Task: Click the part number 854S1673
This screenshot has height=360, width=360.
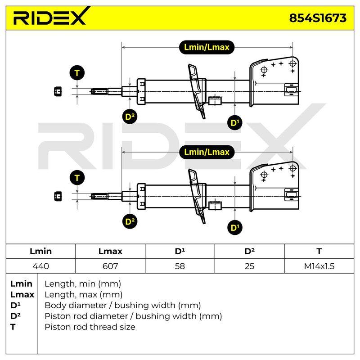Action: [318, 18]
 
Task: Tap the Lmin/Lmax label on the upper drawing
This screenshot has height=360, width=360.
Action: [207, 47]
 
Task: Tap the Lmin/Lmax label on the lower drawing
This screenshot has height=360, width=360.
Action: [207, 152]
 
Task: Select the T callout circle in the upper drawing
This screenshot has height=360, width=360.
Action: [77, 73]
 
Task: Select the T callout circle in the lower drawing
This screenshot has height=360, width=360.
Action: [77, 178]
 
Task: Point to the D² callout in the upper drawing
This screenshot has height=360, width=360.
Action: [130, 117]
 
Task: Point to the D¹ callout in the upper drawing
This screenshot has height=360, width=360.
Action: [234, 123]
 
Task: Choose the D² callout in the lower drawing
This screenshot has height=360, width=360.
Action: [130, 221]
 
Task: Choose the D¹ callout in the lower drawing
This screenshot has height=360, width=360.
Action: [234, 228]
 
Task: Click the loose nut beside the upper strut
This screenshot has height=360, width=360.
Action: [58, 92]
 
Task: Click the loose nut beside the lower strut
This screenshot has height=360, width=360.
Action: [58, 196]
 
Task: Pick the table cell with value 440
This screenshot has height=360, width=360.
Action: [40, 266]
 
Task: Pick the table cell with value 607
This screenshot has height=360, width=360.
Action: [110, 266]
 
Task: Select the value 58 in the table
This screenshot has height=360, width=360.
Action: [180, 266]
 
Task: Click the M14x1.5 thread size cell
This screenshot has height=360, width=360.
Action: [319, 266]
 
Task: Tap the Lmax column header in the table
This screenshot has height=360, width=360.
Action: [110, 251]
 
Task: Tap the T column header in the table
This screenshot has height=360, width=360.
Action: [319, 251]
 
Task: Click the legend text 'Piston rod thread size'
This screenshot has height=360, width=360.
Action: [90, 327]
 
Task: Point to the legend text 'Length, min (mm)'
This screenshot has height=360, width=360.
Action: [83, 284]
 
